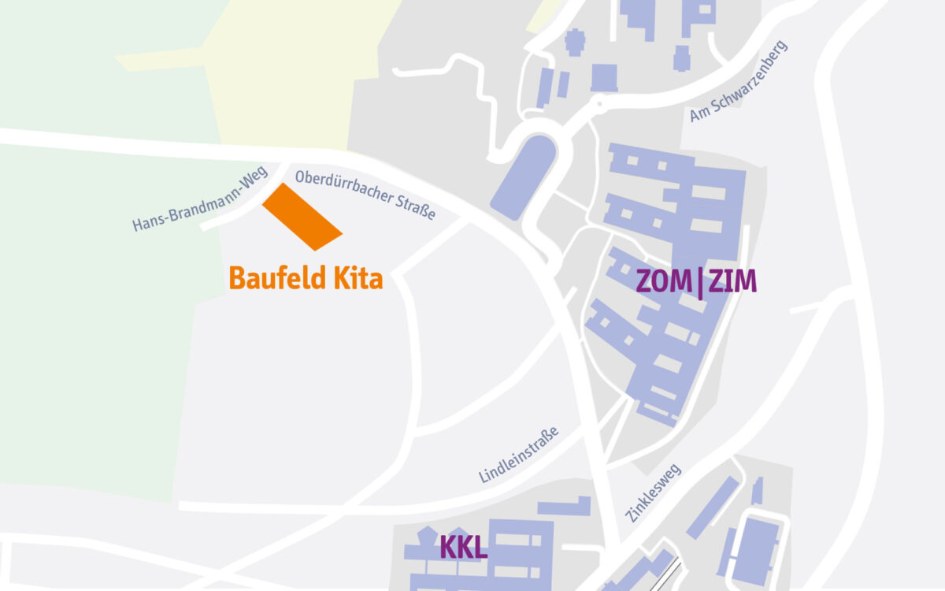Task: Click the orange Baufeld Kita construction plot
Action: pyautogui.click(x=302, y=217)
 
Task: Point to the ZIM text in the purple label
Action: pyautogui.click(x=732, y=281)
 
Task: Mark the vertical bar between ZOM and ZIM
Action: pyautogui.click(x=699, y=282)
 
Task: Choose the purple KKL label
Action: pyautogui.click(x=463, y=548)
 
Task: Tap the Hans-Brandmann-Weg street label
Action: pyautogui.click(x=200, y=199)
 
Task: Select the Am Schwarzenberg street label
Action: pyautogui.click(x=738, y=82)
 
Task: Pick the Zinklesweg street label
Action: pyautogui.click(x=653, y=492)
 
